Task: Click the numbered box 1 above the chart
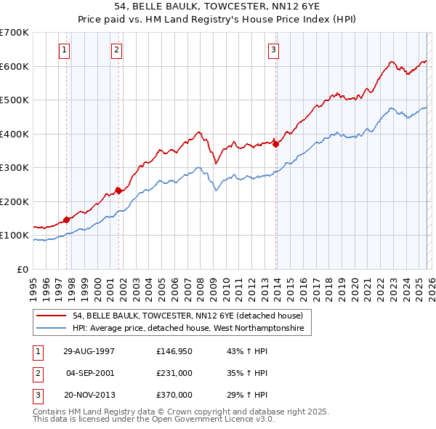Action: (65, 50)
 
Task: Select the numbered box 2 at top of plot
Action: (116, 50)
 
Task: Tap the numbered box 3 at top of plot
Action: (273, 50)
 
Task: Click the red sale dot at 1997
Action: (67, 219)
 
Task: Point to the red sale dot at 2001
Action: (118, 191)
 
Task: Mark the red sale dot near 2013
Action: (275, 144)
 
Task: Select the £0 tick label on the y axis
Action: (23, 269)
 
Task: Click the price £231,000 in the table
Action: (174, 373)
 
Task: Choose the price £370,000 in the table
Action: (174, 395)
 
